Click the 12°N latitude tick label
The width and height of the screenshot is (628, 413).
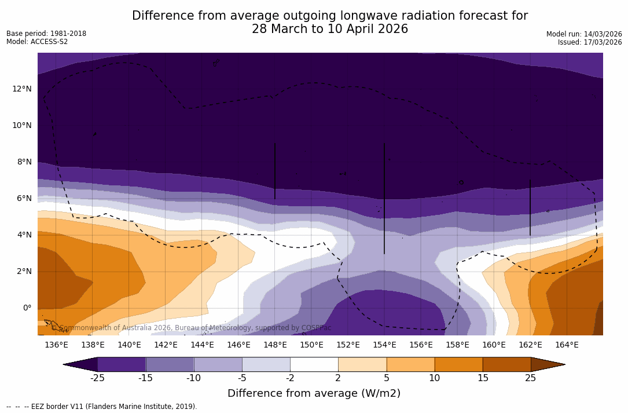pos(22,89)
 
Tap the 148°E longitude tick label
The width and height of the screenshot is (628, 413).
pos(275,345)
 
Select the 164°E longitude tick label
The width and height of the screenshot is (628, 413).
pos(567,345)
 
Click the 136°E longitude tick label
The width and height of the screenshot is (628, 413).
pos(56,345)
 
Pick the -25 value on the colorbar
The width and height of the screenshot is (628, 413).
pos(97,378)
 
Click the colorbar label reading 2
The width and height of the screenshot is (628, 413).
pos(338,378)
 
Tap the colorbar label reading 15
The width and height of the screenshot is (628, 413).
pos(482,378)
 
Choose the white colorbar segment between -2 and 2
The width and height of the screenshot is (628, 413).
pos(314,364)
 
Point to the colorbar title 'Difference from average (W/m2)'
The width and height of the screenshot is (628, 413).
pos(314,394)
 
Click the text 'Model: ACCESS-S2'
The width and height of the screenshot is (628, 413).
pos(37,42)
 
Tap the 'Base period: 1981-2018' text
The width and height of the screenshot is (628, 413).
pos(46,34)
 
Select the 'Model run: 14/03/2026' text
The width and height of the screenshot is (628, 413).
pos(584,34)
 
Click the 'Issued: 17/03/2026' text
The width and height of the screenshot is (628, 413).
pos(590,42)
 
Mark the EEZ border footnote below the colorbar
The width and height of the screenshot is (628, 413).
pos(102,407)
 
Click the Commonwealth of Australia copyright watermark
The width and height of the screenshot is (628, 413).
pos(195,328)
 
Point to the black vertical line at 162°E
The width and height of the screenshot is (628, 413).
pos(530,207)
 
